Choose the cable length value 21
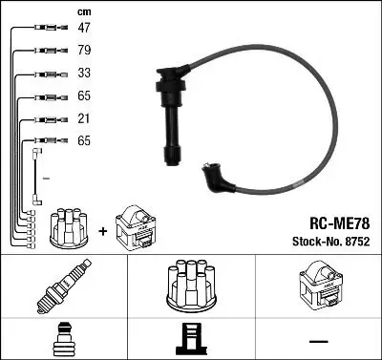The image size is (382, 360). coord(84,118)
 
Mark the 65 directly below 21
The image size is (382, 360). coord(84,140)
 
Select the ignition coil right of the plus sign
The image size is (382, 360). coord(136,227)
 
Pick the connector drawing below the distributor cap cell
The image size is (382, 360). coord(191,341)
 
